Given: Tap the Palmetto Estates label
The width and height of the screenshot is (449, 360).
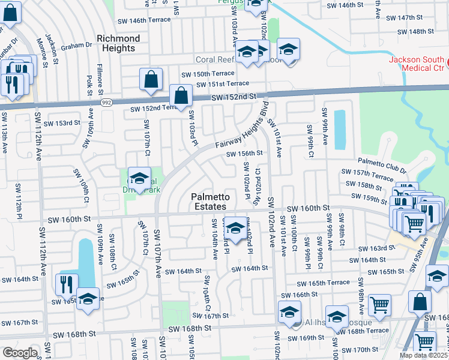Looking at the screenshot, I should [x=211, y=202].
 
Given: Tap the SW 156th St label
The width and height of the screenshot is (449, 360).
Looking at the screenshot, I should [x=244, y=154].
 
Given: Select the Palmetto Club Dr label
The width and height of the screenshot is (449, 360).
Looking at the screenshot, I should [x=382, y=162].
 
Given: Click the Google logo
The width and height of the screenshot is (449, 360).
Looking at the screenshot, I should [x=19, y=352].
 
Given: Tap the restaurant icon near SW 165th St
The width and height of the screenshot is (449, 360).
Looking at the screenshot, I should [x=67, y=284].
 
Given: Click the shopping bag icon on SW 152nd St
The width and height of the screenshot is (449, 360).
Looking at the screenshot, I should [x=181, y=95].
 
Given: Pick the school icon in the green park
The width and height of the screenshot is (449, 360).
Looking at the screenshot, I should [x=139, y=178].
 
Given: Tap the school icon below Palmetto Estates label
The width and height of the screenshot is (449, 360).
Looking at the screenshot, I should [x=236, y=227].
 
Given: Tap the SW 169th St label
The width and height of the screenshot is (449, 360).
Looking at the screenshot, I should [x=312, y=338].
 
